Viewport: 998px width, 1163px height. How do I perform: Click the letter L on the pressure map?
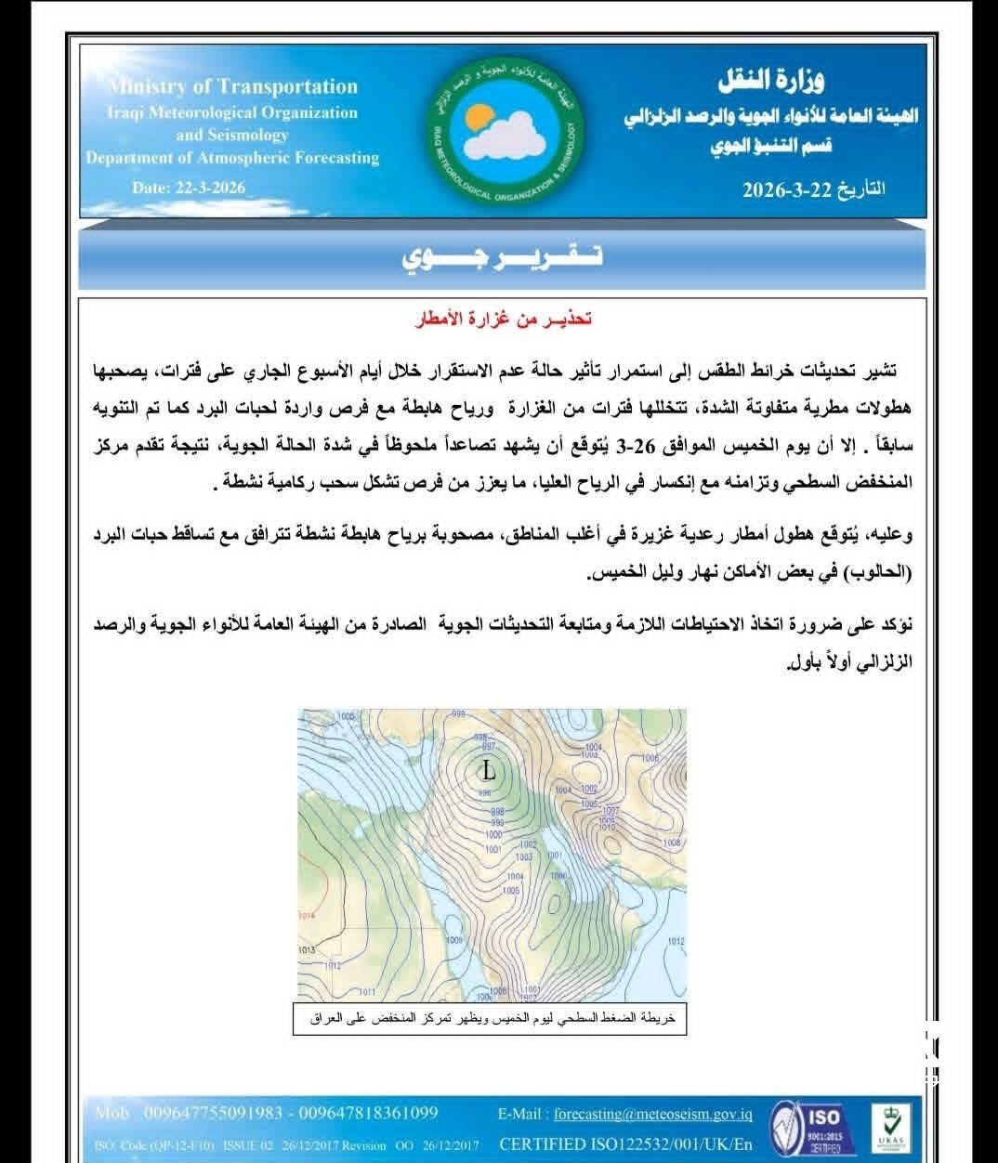[x=489, y=770]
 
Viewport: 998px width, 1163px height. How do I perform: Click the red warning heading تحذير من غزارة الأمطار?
[x=504, y=320]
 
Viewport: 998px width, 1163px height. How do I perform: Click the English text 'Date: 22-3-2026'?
[x=189, y=187]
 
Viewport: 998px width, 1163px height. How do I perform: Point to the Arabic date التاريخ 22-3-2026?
[x=814, y=189]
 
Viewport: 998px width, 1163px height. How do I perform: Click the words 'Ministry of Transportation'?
[x=232, y=87]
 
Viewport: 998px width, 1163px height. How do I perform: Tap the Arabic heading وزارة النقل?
[x=771, y=82]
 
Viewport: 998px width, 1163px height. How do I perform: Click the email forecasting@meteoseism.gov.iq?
[x=653, y=1114]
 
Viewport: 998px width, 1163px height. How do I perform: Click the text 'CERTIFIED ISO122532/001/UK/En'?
[x=626, y=1143]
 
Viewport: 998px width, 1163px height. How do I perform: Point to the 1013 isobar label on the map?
[x=307, y=950]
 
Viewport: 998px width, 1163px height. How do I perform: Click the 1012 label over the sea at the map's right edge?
[x=676, y=942]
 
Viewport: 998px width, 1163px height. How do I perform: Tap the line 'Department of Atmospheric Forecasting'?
[x=232, y=158]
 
